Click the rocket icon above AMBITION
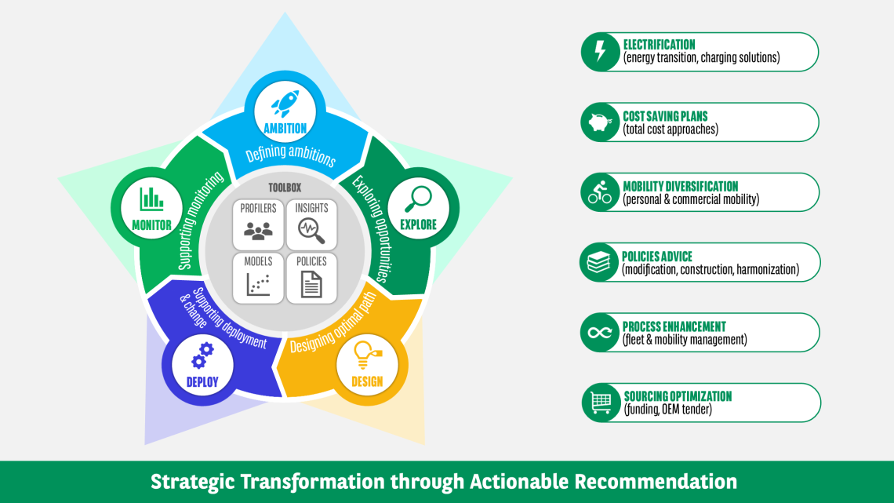tap(285, 104)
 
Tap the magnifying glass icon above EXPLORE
tap(419, 199)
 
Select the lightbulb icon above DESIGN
tap(366, 355)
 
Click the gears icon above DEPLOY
tap(202, 355)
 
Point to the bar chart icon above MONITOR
tap(151, 199)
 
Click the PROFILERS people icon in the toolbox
tap(258, 231)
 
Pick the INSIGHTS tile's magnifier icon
tap(311, 231)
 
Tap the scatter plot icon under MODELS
tap(258, 284)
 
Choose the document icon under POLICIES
tap(311, 284)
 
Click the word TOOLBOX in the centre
tap(285, 188)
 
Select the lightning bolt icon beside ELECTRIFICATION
tap(600, 51)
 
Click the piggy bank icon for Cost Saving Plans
tap(601, 122)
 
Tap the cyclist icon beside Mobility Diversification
tap(600, 192)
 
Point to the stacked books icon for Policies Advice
tap(598, 262)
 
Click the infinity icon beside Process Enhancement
tap(600, 333)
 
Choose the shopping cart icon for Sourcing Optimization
tap(601, 403)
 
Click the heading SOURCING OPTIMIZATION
tap(678, 396)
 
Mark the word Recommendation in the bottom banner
tap(656, 482)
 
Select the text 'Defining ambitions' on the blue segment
tap(291, 155)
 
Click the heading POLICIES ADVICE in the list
tap(657, 257)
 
